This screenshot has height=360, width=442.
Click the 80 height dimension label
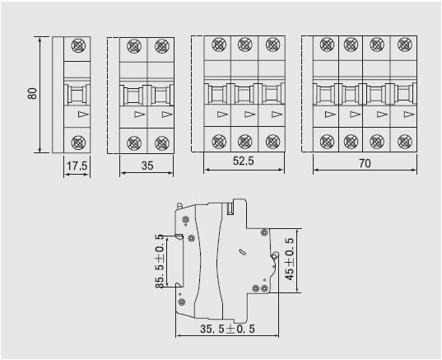33,93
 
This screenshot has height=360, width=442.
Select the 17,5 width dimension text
77,166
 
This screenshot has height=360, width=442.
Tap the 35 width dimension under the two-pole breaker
147,166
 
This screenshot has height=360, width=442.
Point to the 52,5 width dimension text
244,161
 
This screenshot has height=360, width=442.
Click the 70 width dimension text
365,163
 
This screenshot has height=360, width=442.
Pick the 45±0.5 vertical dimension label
290,259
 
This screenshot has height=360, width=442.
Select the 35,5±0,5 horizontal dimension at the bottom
227,329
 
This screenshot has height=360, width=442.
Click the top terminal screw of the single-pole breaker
77,45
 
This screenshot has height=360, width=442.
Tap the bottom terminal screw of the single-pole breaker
77,143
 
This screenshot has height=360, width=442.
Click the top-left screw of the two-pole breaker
134,46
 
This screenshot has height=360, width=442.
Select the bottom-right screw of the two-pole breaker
162,143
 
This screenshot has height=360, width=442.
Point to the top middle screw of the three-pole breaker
245,44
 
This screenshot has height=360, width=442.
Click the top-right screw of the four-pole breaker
405,44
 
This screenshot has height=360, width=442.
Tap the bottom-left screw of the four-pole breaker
327,142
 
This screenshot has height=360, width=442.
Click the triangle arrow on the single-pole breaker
83,115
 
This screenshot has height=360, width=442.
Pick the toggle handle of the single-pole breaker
77,95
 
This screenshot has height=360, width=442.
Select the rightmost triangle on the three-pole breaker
277,115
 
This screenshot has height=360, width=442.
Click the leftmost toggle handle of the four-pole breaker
326,95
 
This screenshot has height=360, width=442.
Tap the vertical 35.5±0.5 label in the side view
160,261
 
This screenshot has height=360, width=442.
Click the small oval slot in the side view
242,251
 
